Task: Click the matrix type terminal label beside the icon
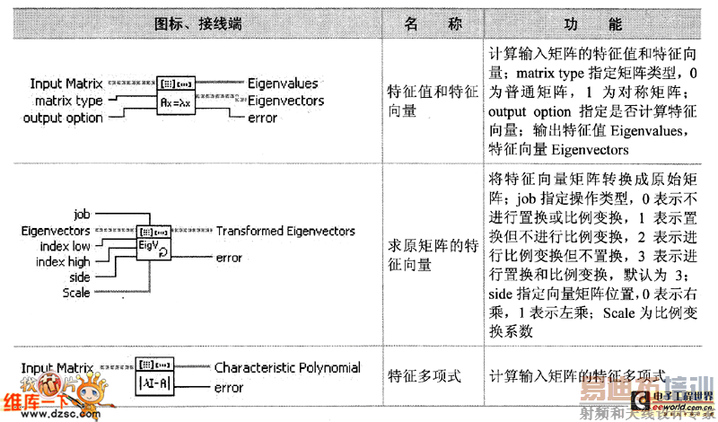tap(69, 101)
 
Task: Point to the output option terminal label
tap(63, 118)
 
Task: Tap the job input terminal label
tap(83, 214)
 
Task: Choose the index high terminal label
tap(64, 261)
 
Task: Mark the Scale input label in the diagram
tap(76, 293)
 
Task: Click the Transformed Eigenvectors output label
tap(285, 231)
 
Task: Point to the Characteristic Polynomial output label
tap(287, 367)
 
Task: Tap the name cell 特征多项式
tap(424, 376)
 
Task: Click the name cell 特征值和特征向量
tap(431, 101)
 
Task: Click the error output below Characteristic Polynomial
tap(229, 388)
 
